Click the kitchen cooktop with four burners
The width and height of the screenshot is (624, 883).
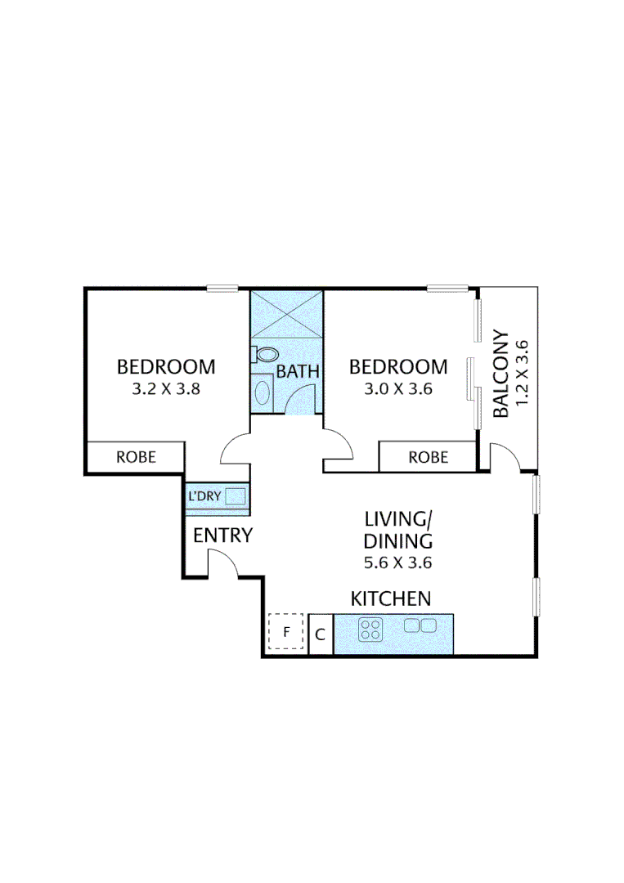(x=371, y=630)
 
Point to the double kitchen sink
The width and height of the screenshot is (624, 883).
(x=421, y=625)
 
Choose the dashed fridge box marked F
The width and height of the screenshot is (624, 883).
(x=286, y=631)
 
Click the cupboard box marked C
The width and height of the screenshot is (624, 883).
(x=321, y=634)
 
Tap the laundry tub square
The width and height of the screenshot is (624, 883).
(x=236, y=496)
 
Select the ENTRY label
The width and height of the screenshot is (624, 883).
(x=222, y=536)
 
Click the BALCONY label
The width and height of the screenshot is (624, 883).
(x=501, y=374)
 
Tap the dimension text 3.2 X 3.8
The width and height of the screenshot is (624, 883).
(x=166, y=389)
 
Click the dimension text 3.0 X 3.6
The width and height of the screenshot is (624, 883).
(x=398, y=389)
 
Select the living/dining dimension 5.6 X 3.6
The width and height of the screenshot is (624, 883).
(x=397, y=563)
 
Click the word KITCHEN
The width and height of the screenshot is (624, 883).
(x=391, y=598)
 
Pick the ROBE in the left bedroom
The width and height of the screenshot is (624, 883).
(x=136, y=456)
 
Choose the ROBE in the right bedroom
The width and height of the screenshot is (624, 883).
(x=428, y=457)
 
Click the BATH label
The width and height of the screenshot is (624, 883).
(x=297, y=371)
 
